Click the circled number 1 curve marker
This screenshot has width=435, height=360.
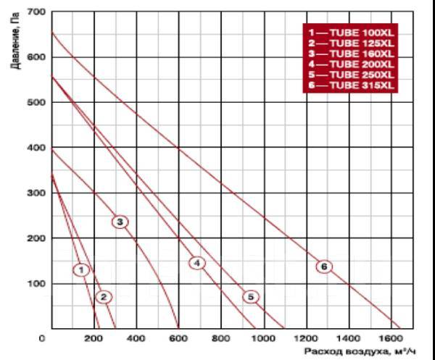(x=83, y=270)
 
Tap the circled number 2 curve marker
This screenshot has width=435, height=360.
(x=104, y=297)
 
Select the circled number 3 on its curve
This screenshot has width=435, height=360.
(x=120, y=222)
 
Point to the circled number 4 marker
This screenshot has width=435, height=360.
(x=197, y=263)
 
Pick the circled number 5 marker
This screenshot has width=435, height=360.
(x=250, y=296)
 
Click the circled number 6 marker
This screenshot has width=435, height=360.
(x=323, y=267)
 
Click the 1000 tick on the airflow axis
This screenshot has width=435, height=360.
(x=263, y=338)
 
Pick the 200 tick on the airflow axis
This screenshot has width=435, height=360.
(x=92, y=338)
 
